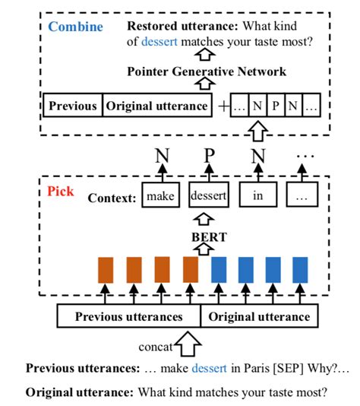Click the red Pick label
tap(60, 192)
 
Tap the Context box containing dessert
tap(207, 197)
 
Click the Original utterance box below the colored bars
tap(259, 316)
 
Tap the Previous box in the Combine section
tap(73, 106)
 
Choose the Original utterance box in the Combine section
tap(156, 106)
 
